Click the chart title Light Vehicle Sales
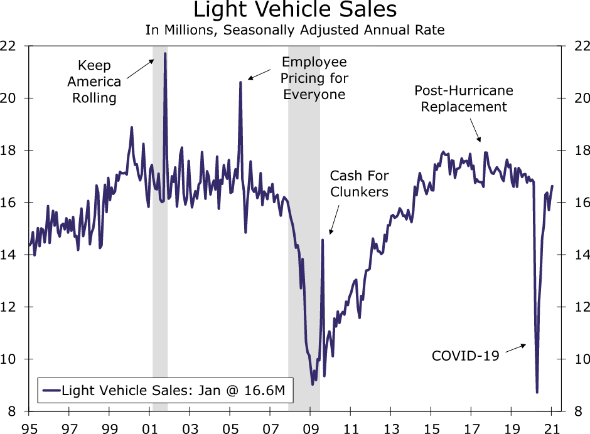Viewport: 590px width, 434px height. pos(295,11)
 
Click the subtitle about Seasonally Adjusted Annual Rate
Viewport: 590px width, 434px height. pos(295,30)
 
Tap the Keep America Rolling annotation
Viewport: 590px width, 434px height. pos(94,82)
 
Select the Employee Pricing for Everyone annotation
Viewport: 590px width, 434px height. pos(314,78)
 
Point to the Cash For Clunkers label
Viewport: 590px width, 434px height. pos(359,184)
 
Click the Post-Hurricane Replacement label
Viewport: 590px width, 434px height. pos(464,98)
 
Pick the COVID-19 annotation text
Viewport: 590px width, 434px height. pos(465,356)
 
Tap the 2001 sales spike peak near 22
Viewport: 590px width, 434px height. pos(165,53)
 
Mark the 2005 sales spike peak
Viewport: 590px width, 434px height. pos(240,82)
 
